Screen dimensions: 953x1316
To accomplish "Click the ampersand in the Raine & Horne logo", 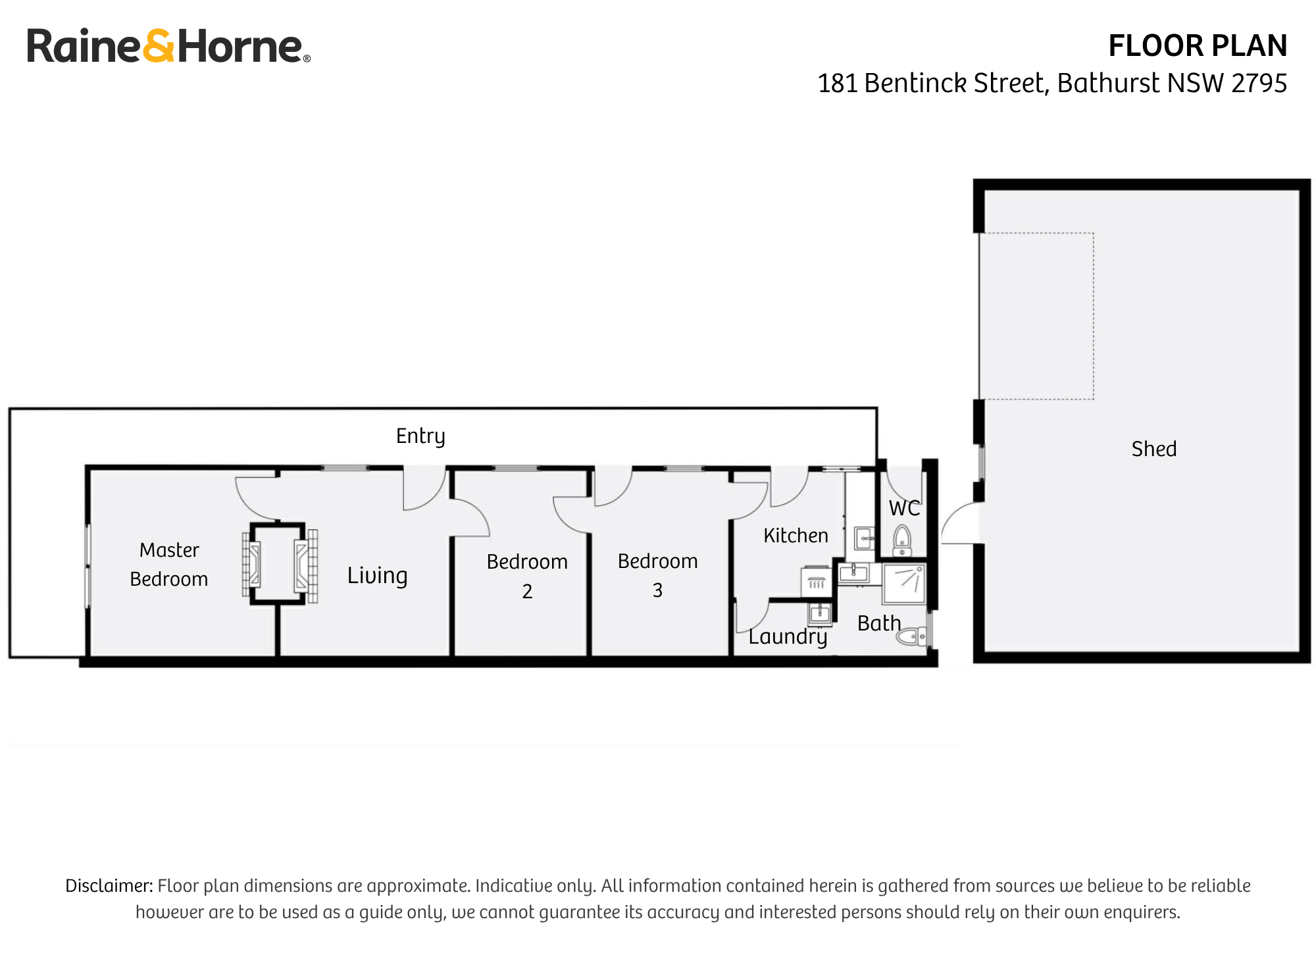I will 159,47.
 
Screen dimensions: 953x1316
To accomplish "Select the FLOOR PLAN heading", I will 1197,46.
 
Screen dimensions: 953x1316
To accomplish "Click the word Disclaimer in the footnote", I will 109,885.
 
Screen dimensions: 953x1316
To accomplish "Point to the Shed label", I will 1153,449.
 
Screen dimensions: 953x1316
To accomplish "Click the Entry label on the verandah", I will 420,436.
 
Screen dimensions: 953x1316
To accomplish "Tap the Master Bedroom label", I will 169,565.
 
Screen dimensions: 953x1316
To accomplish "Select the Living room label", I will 377,576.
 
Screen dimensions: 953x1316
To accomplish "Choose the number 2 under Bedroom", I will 527,592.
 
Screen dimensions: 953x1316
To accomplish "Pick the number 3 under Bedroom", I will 657,590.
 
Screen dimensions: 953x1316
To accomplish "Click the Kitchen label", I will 796,536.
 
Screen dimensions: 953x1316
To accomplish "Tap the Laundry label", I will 788,636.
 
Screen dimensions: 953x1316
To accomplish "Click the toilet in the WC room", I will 902,540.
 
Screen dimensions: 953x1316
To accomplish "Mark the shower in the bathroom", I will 904,583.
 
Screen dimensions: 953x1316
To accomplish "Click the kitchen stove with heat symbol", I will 817,582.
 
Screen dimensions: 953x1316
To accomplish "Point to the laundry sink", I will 820,614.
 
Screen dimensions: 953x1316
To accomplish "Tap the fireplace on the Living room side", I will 306,566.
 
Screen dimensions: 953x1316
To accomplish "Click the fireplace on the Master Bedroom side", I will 251,565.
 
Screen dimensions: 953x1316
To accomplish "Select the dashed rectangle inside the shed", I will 1036,316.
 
